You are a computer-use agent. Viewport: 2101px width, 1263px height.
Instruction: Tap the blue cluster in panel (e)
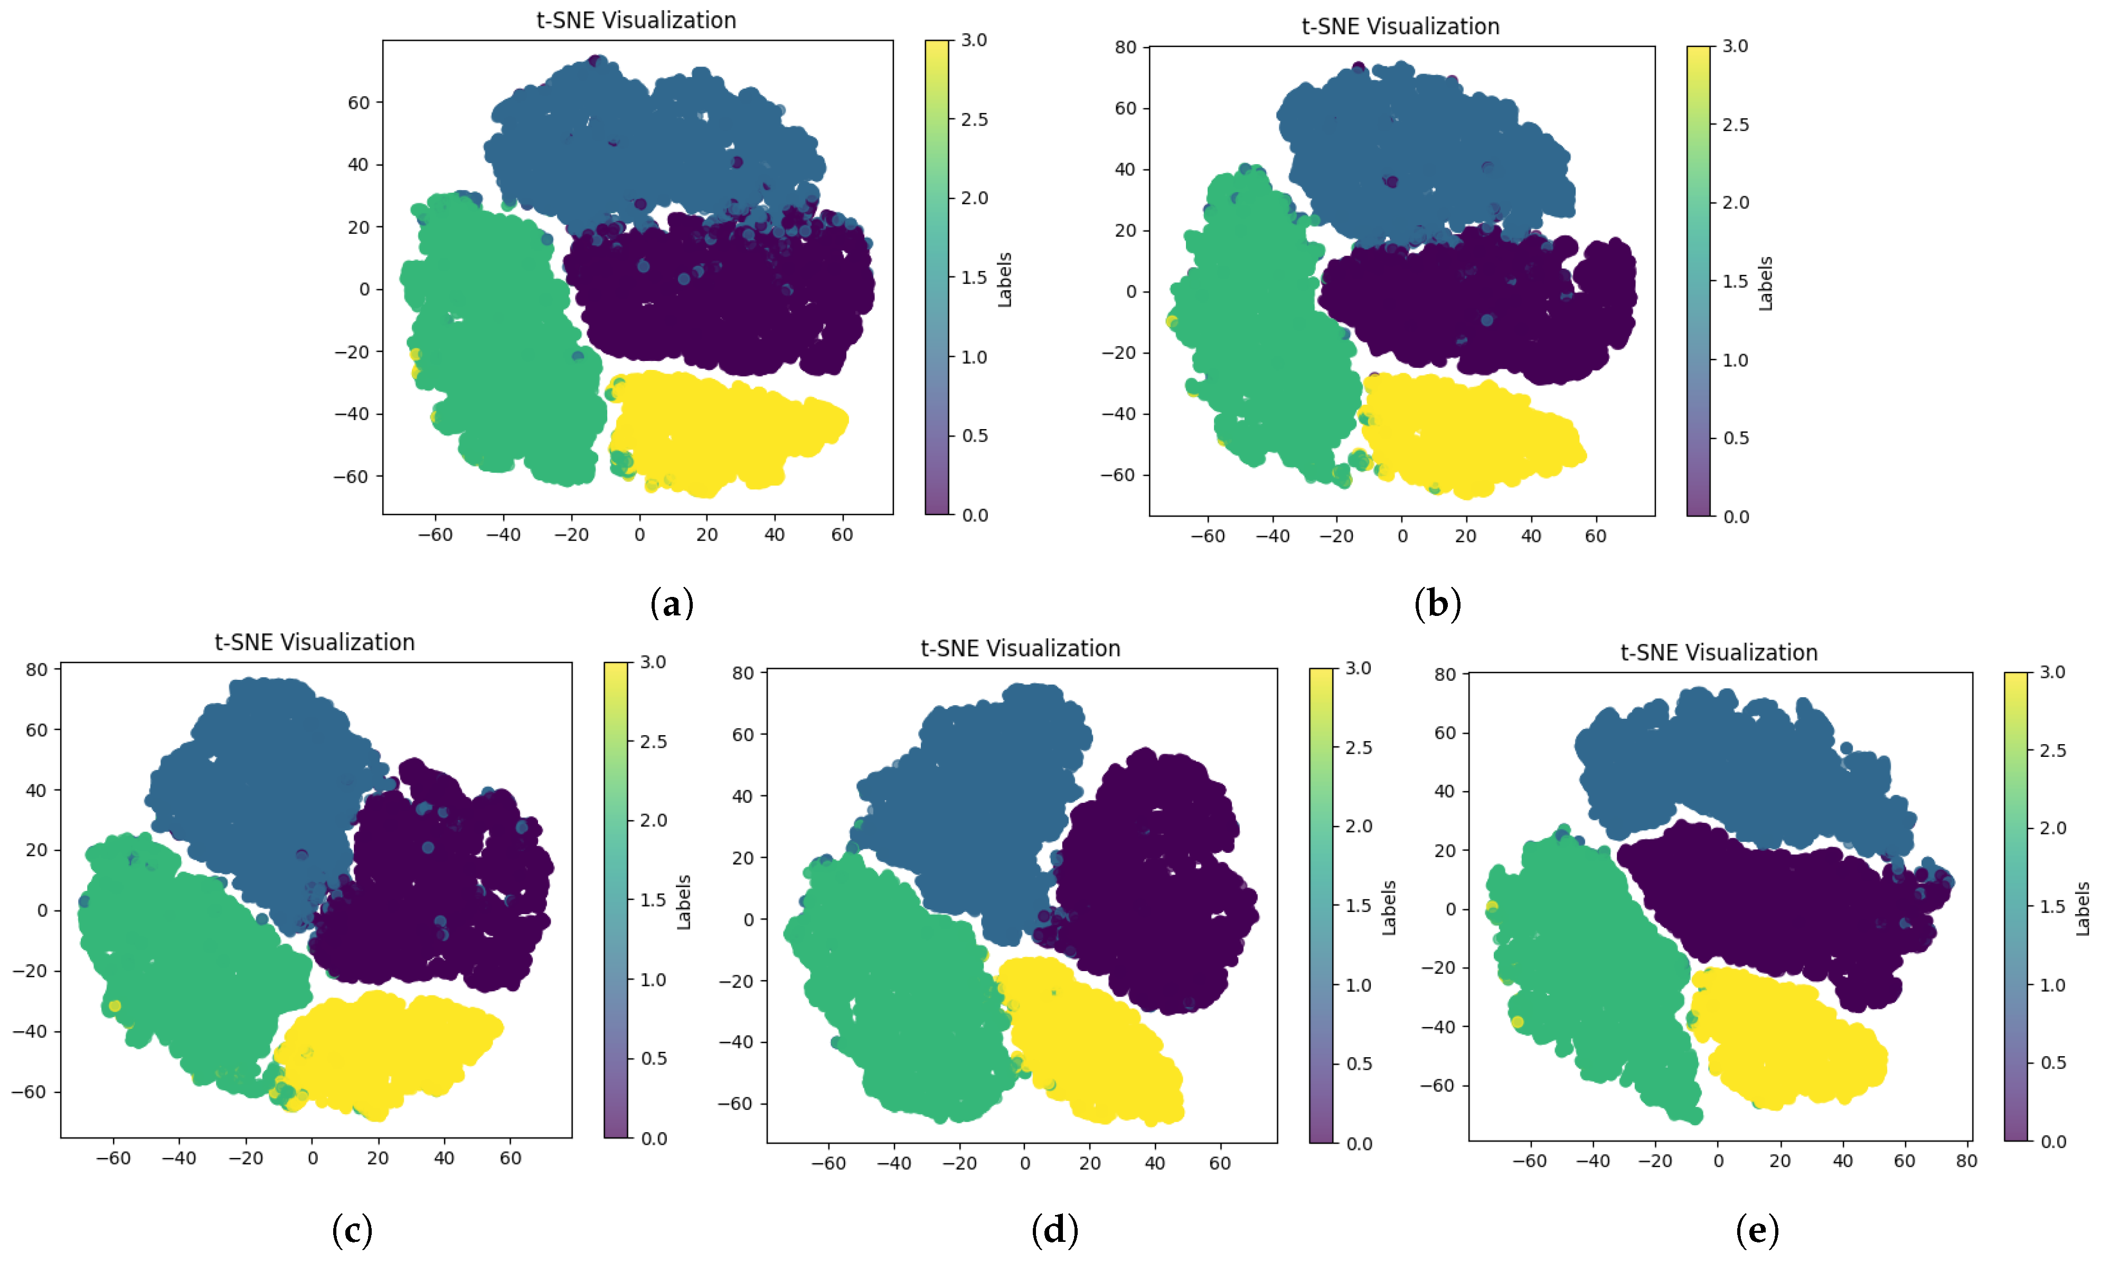(1737, 766)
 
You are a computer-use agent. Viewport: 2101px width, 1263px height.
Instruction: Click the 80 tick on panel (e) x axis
(1966, 1160)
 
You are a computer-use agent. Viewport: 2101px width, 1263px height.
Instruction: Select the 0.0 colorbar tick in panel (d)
(1359, 1144)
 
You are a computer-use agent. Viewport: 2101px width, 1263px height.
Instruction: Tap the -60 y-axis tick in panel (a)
(352, 477)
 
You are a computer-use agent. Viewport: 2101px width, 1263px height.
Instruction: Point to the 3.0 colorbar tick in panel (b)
(1735, 46)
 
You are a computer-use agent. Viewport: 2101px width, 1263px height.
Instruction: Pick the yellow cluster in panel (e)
(1788, 1038)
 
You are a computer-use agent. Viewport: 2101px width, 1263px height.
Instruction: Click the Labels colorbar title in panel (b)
(1766, 283)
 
